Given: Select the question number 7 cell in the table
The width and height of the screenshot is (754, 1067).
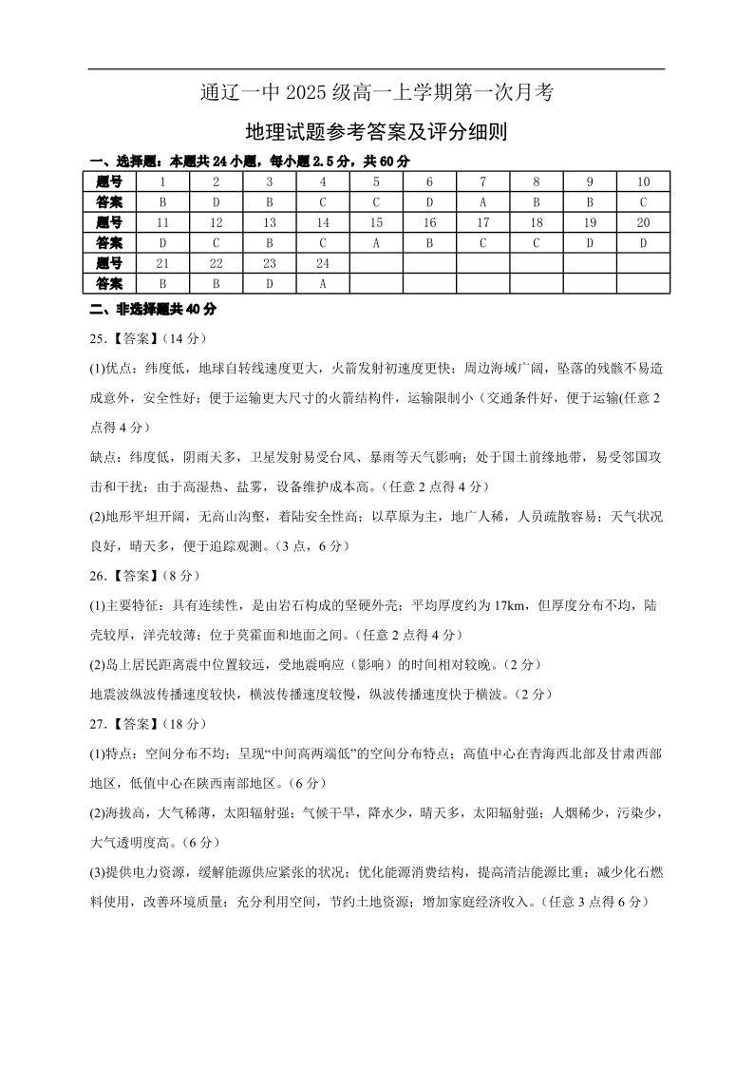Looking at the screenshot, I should (x=482, y=181).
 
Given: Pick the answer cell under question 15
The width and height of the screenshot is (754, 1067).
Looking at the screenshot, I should (x=376, y=242).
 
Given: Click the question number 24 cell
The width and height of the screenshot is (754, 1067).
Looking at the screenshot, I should (x=323, y=263).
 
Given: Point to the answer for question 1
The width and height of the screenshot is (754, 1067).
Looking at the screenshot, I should (x=163, y=201).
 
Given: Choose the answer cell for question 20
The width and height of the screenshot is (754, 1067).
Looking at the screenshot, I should (x=643, y=242).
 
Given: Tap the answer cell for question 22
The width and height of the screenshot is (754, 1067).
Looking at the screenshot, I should (x=217, y=283).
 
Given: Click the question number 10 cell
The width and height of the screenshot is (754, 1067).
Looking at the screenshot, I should (x=643, y=181).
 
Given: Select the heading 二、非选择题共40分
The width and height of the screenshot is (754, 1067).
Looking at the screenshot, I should (x=153, y=309).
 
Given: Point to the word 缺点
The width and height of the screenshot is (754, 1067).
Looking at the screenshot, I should (x=104, y=457).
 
